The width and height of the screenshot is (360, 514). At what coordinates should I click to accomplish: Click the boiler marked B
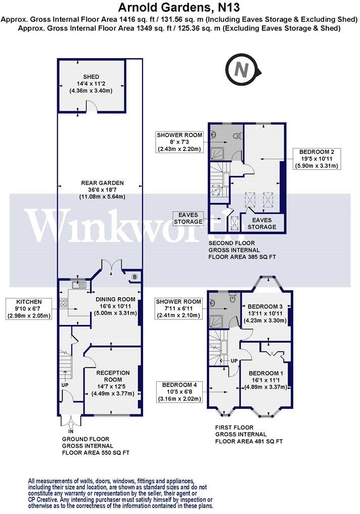[x=134, y=276]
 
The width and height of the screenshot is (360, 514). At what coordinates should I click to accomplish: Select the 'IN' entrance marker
[x=71, y=431]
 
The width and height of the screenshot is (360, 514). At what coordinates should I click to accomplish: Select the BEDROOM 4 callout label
[x=181, y=392]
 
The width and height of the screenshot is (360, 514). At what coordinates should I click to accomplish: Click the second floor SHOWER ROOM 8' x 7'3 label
[x=179, y=142]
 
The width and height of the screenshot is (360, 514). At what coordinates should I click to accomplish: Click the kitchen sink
[x=79, y=285]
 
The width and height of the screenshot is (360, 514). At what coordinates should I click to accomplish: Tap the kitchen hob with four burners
[x=64, y=304]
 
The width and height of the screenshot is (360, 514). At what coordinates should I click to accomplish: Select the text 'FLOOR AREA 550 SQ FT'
[x=96, y=453]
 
